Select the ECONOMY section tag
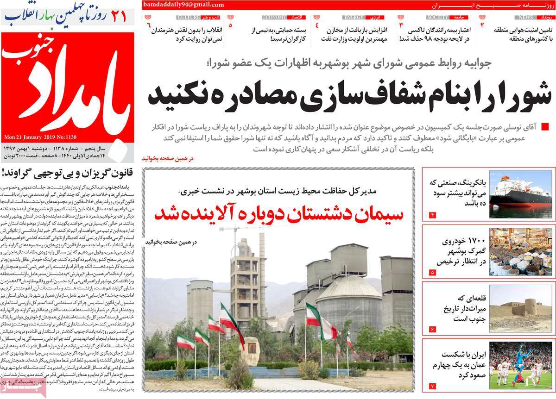(x=274, y=17)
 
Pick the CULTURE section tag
(x=188, y=17)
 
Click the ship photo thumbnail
(x=520, y=194)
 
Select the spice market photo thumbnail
(x=520, y=251)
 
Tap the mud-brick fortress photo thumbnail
(x=520, y=308)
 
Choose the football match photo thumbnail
(x=520, y=365)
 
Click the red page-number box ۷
(x=433, y=386)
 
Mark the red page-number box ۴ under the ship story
(x=433, y=215)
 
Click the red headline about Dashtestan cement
(x=278, y=214)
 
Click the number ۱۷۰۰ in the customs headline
(x=470, y=241)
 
